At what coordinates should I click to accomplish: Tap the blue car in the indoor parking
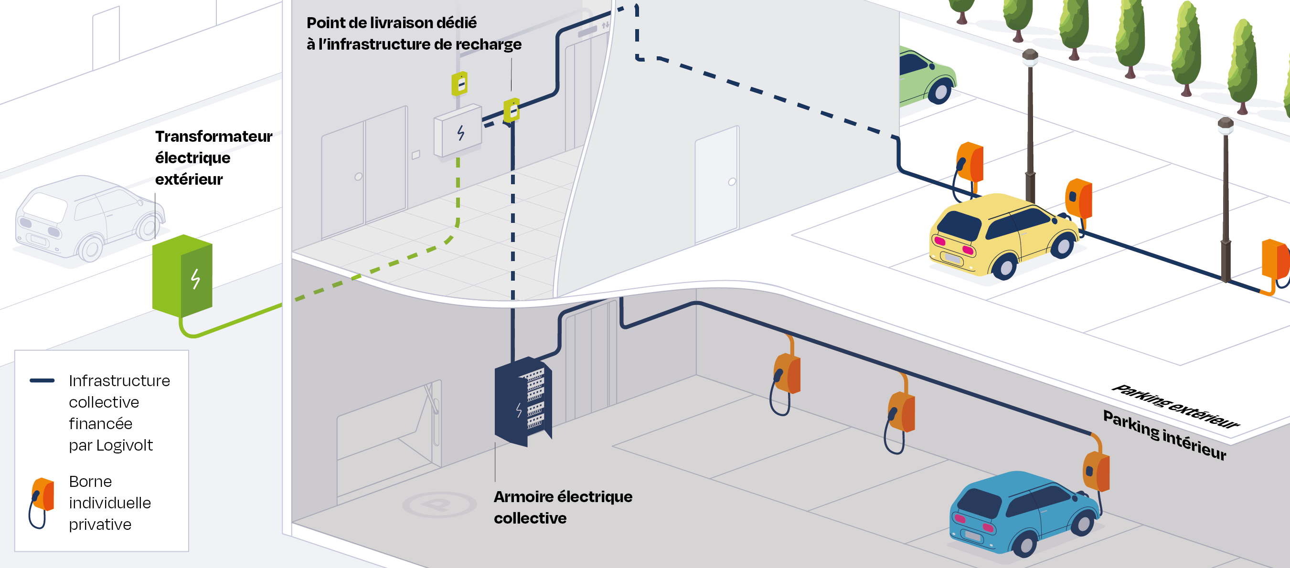[1022, 513]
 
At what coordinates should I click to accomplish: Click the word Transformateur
[213, 137]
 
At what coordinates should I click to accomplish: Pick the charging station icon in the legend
[42, 502]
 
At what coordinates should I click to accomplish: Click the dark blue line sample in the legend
[42, 381]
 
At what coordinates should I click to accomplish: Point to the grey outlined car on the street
[87, 218]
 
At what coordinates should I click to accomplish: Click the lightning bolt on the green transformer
[195, 279]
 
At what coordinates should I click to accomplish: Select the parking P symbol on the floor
[439, 505]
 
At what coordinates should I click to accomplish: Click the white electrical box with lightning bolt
[458, 131]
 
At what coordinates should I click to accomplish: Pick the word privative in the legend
[100, 525]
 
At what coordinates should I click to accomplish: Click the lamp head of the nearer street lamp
[1226, 126]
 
